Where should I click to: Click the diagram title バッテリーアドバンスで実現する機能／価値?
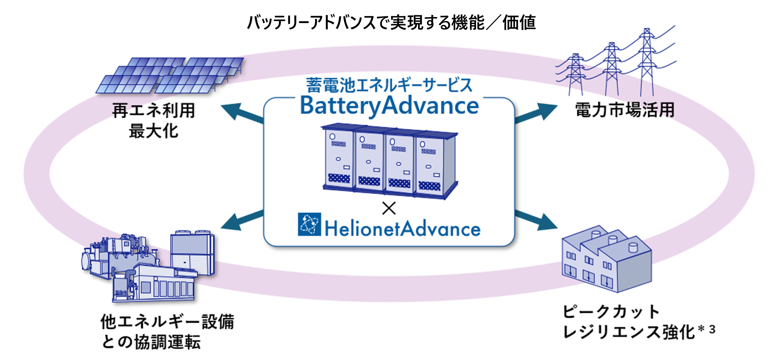(391, 23)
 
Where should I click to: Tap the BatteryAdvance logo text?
(390, 106)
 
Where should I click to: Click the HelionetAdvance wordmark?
(402, 228)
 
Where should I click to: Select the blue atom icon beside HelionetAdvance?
(309, 224)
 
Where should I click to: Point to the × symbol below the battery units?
(389, 208)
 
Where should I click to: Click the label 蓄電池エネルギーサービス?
(389, 85)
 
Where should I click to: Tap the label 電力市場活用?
(625, 110)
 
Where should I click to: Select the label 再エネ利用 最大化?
(154, 121)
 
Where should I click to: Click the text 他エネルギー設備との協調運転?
(167, 332)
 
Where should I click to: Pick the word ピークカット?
(612, 312)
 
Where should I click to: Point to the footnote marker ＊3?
(707, 329)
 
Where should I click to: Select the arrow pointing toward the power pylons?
(536, 113)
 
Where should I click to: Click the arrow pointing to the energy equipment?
(242, 220)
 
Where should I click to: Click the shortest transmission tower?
(575, 75)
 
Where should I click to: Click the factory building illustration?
(607, 259)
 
